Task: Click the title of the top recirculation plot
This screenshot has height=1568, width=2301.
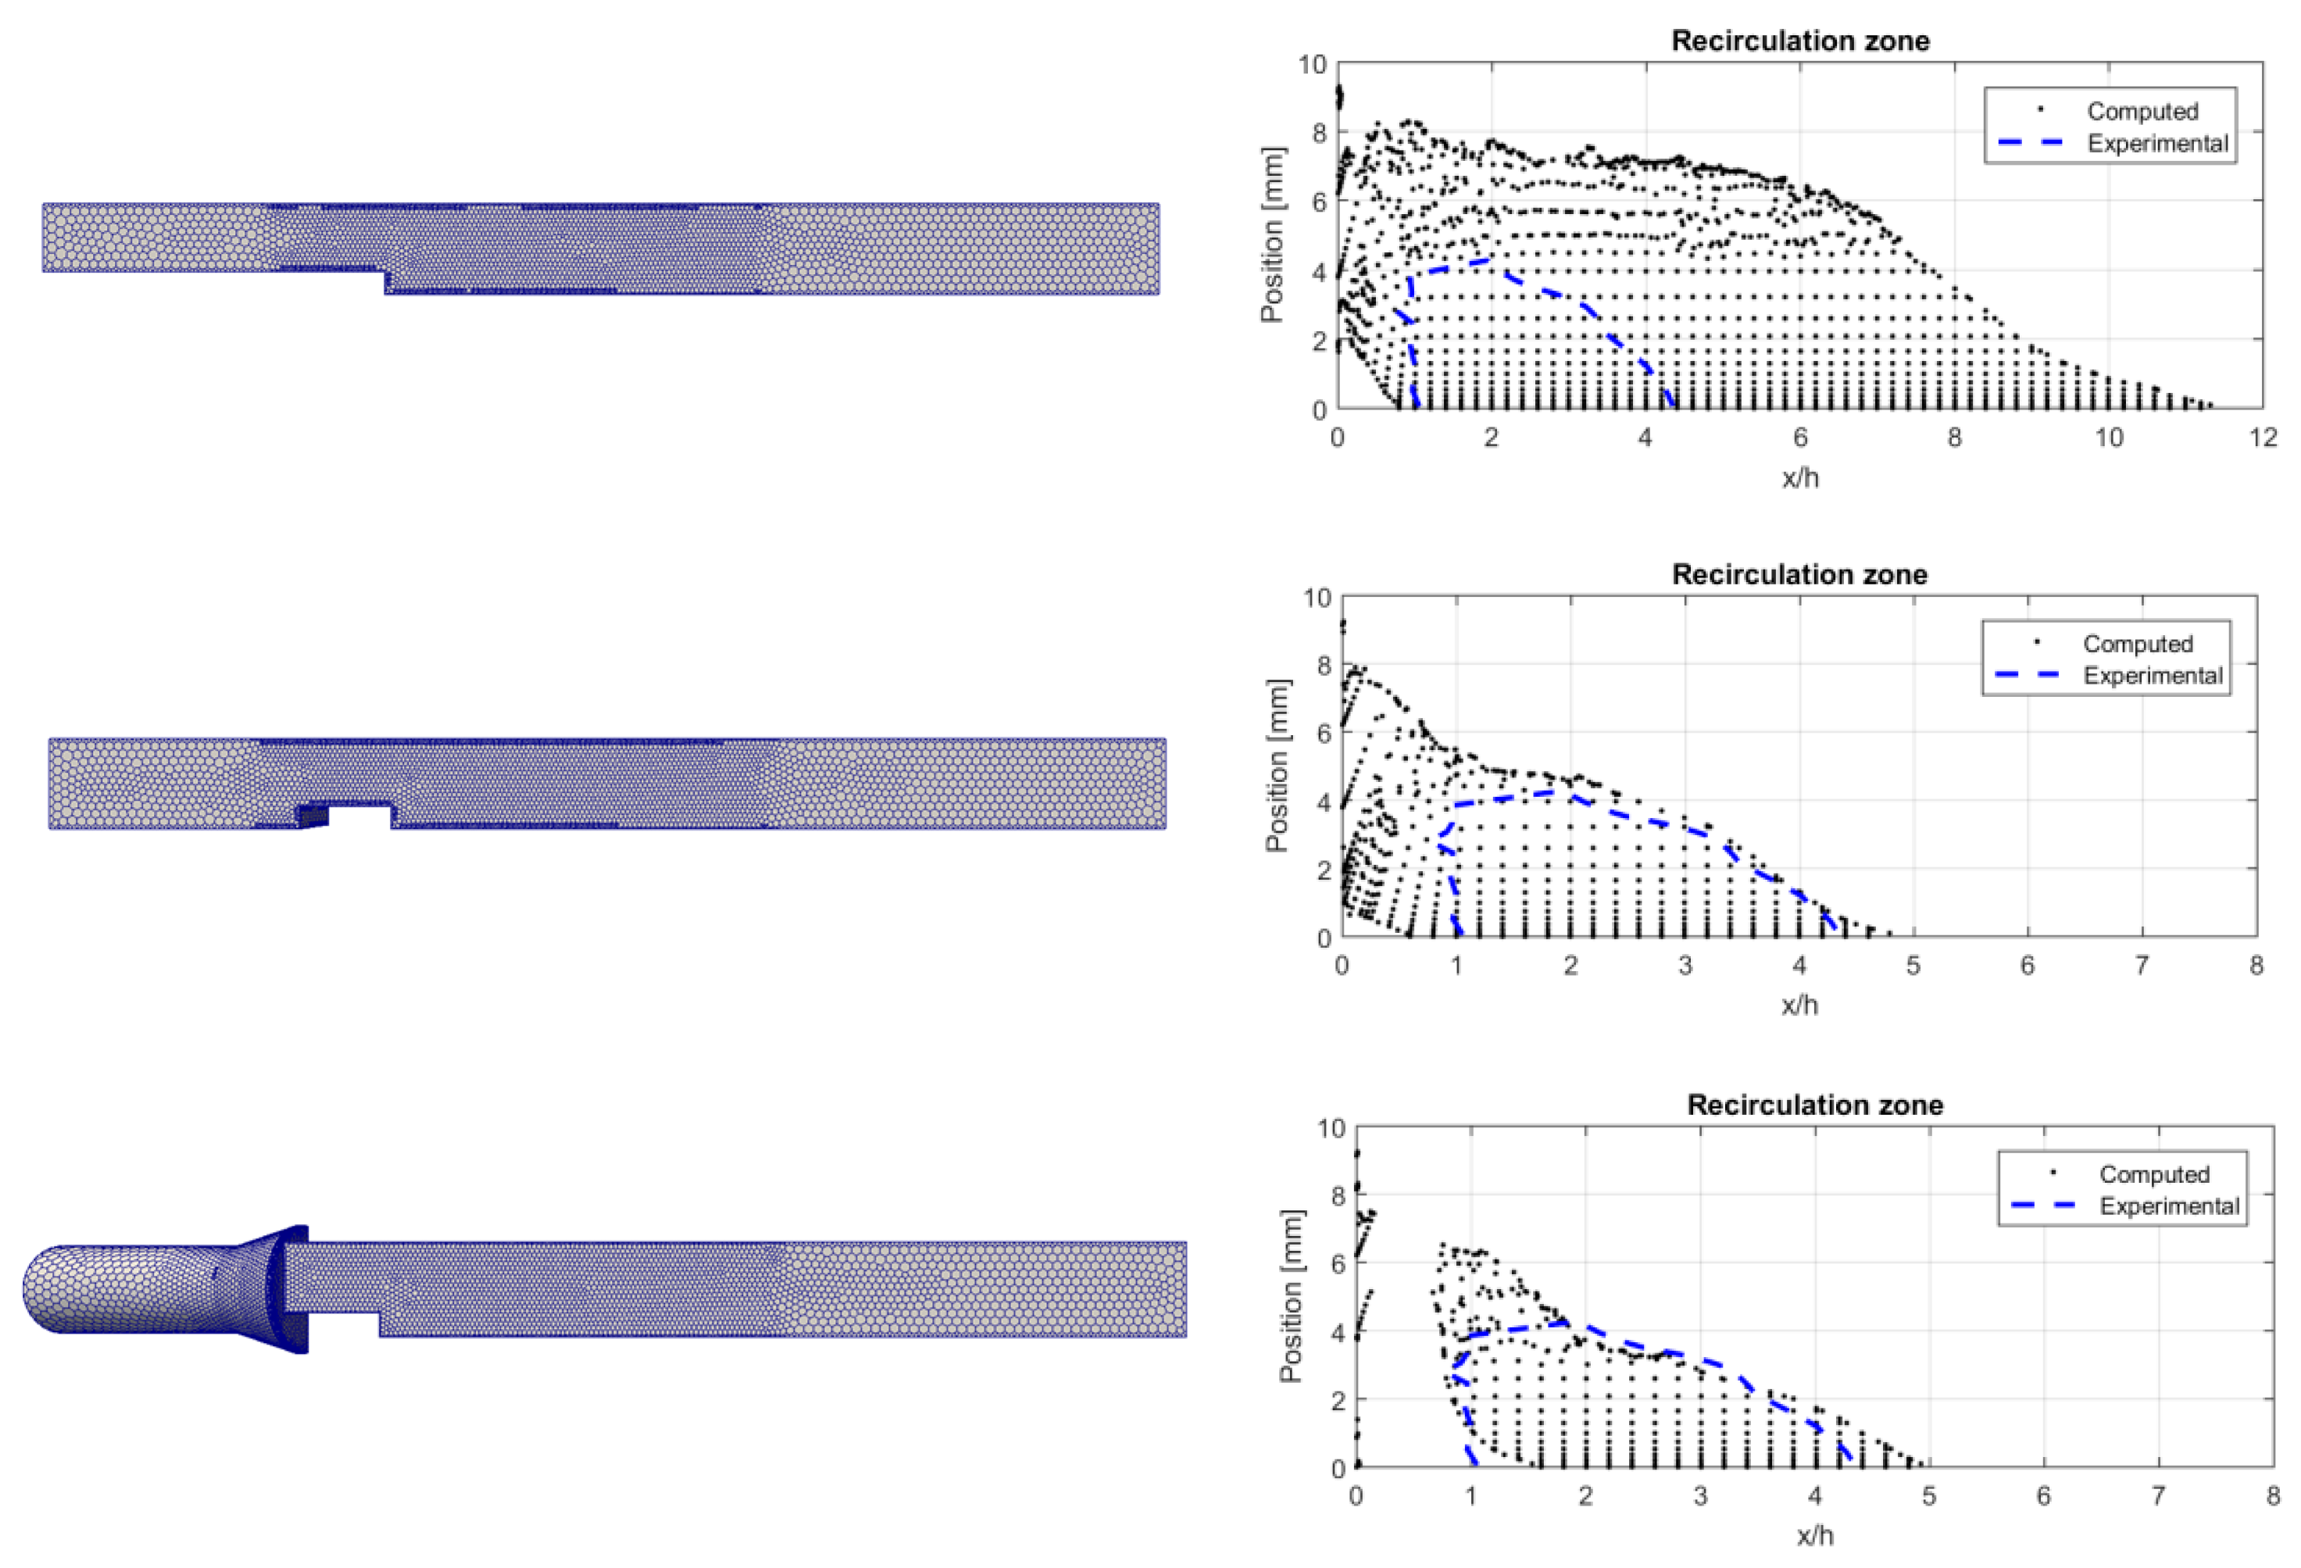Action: click(1799, 41)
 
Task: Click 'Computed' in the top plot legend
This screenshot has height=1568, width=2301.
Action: click(2142, 111)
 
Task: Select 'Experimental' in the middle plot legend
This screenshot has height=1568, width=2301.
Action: click(2153, 676)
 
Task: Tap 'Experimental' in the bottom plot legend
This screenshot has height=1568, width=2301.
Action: click(2168, 1205)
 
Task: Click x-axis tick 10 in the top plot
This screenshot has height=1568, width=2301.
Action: click(2108, 438)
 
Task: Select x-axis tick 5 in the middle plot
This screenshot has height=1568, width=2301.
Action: click(1913, 965)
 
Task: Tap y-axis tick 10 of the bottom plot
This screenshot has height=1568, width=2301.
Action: click(1331, 1128)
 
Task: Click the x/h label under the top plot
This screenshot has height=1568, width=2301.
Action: click(1799, 478)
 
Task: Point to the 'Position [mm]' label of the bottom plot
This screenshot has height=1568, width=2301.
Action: click(1291, 1296)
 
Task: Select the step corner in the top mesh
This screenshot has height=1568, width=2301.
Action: click(385, 270)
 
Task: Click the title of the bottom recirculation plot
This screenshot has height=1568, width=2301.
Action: click(1814, 1105)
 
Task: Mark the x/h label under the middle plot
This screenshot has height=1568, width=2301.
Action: click(1799, 1005)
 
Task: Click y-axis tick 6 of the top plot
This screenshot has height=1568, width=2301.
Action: click(1318, 202)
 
